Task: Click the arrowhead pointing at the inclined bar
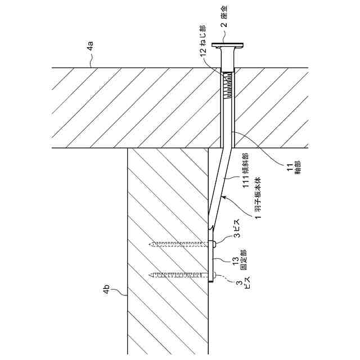(223, 197)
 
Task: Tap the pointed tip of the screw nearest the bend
(151, 244)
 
